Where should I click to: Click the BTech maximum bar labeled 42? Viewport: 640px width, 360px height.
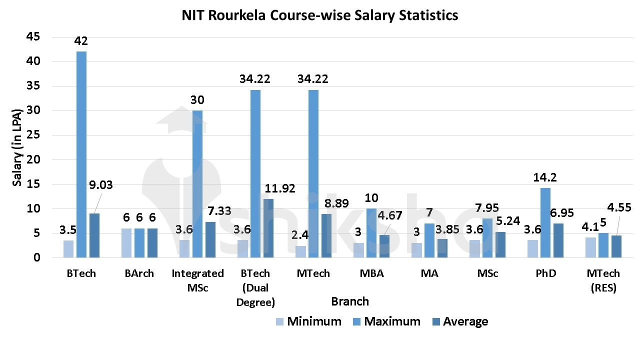(x=81, y=154)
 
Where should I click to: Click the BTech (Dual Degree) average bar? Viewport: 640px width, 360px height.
(x=268, y=228)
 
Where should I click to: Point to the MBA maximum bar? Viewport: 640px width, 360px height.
(x=371, y=233)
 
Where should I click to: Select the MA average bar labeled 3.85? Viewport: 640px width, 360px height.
(x=442, y=248)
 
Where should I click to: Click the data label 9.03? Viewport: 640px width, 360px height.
(x=100, y=185)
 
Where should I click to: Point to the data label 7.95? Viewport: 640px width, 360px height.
(x=486, y=208)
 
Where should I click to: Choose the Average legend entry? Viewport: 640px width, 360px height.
(x=459, y=321)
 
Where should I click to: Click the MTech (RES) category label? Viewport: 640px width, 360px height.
(x=603, y=280)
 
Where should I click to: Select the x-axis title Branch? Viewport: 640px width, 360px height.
(x=350, y=301)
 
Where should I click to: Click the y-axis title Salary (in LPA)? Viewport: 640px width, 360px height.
(x=17, y=147)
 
